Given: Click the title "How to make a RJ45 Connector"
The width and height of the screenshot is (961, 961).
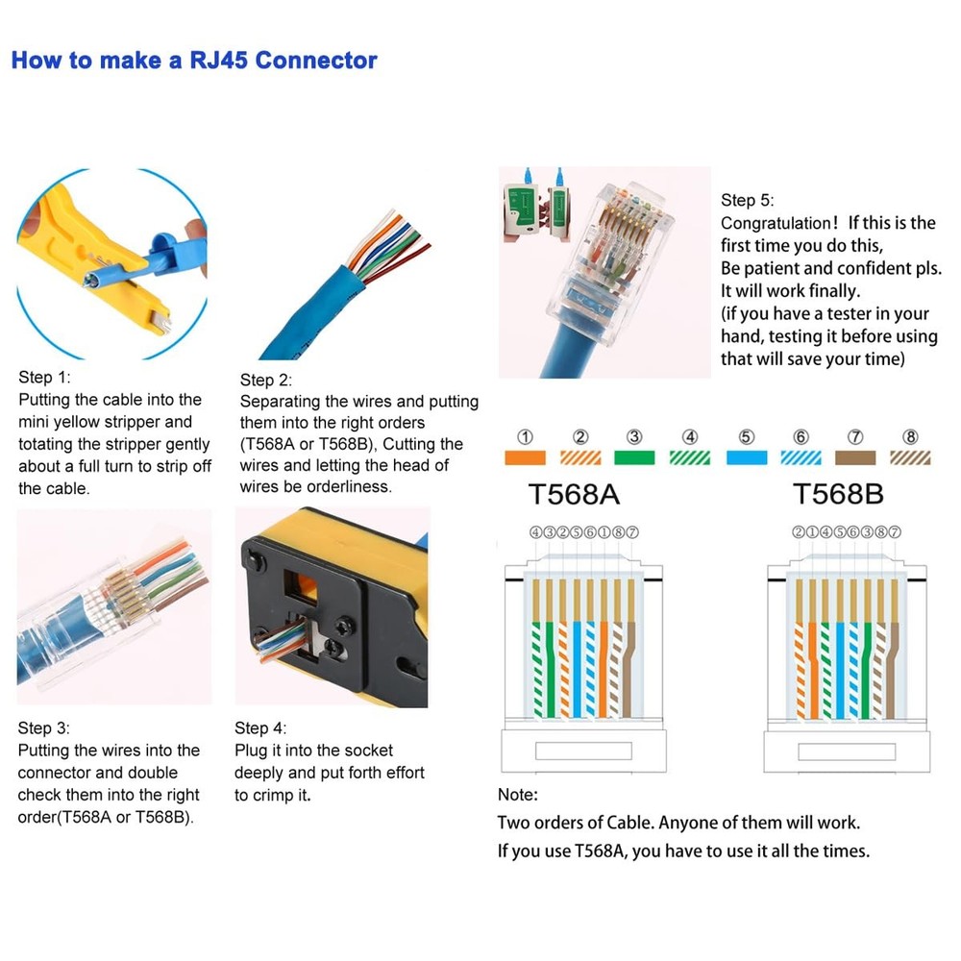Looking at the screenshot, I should click(x=193, y=61).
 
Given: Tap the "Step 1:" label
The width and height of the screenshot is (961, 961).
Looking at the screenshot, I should click(x=44, y=378).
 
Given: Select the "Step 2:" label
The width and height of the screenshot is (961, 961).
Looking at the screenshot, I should click(x=266, y=381).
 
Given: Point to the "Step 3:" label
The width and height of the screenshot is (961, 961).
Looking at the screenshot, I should click(x=44, y=728).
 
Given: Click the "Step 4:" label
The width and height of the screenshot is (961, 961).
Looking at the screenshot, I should click(x=260, y=728).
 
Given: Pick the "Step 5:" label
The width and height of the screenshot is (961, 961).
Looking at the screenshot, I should click(x=747, y=200).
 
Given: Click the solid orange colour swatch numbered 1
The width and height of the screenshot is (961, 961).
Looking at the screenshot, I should click(x=525, y=458).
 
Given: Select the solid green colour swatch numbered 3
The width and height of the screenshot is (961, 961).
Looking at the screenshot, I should click(x=634, y=458).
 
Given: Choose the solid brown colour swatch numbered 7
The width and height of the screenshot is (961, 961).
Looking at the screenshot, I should click(x=855, y=458).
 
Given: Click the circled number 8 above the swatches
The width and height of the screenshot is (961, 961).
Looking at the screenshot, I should click(x=911, y=436).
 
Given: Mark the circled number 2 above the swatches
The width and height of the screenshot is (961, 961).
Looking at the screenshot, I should click(x=580, y=436).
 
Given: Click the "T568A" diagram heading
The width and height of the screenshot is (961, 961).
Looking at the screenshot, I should click(x=574, y=494).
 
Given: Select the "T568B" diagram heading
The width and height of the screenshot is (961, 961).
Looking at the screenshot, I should click(x=838, y=494).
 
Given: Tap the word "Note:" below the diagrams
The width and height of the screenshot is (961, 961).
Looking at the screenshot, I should click(x=518, y=795).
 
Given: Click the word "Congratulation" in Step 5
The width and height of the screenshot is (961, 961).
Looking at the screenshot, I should click(x=775, y=223).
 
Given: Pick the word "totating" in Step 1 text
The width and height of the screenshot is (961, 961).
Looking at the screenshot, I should click(x=47, y=444).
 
